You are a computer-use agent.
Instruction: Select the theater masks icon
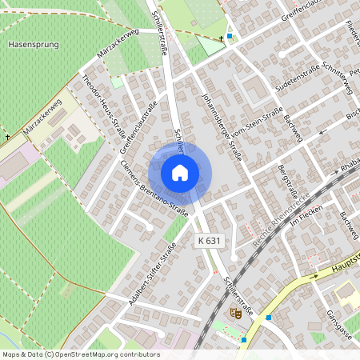(x=235, y=313)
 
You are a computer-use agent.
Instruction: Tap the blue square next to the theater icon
(x=269, y=318)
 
